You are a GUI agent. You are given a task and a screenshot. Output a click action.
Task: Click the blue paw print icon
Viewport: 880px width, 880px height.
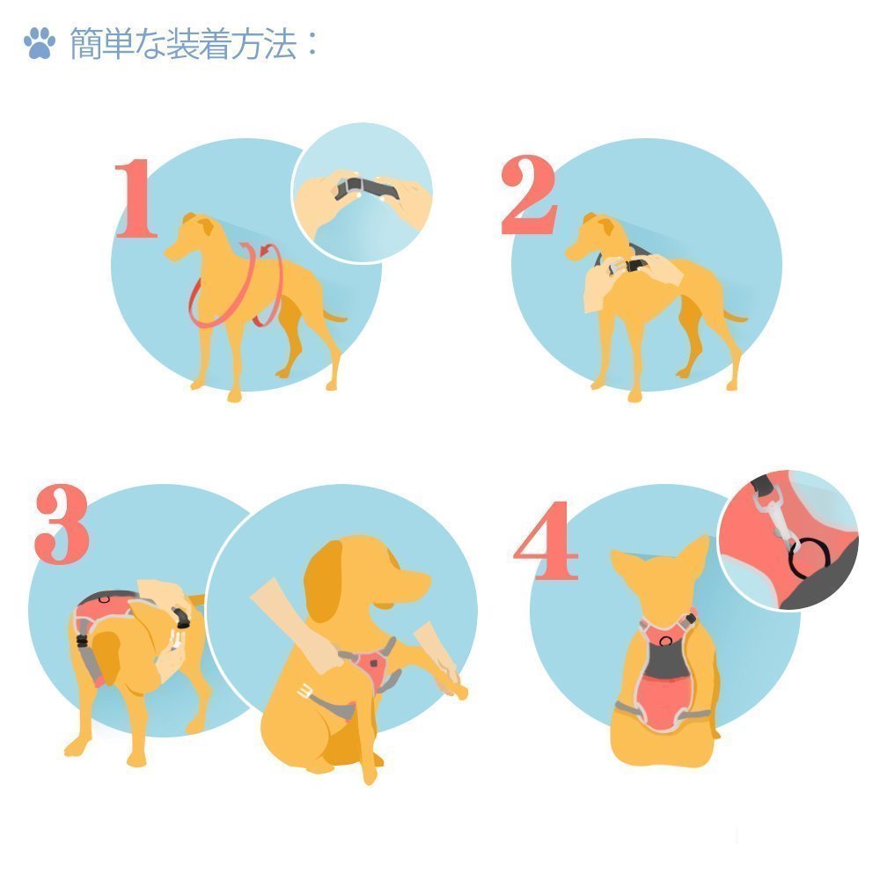[x=40, y=42]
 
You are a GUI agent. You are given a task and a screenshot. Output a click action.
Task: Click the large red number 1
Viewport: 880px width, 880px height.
[x=136, y=198]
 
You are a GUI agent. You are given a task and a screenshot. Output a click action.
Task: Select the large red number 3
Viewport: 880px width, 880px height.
[x=62, y=524]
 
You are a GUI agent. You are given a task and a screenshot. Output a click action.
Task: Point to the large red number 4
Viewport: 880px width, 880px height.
[x=547, y=540]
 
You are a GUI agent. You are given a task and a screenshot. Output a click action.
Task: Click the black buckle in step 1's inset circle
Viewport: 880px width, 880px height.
[x=366, y=188]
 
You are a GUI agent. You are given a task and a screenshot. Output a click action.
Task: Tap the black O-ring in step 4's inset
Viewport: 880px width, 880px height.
[x=809, y=557]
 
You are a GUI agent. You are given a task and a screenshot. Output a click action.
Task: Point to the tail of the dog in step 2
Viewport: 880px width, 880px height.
[x=734, y=316]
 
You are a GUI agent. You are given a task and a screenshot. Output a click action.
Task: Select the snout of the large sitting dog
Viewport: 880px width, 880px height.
[x=410, y=583]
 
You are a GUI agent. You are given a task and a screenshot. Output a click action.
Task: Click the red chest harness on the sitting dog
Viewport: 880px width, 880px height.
[x=370, y=665]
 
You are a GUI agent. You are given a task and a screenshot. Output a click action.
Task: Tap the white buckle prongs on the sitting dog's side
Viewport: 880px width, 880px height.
[x=306, y=691]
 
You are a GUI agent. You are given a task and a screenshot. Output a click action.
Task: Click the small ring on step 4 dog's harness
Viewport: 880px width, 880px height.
[x=665, y=641]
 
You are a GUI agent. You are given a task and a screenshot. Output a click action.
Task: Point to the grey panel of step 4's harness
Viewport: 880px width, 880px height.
[x=665, y=659]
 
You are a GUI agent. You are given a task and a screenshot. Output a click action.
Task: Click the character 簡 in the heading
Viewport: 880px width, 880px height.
[x=86, y=44]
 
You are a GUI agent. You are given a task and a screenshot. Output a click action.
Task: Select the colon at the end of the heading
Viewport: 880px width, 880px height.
[x=312, y=44]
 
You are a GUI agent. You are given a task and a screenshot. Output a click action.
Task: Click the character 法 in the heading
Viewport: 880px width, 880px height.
[x=280, y=44]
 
